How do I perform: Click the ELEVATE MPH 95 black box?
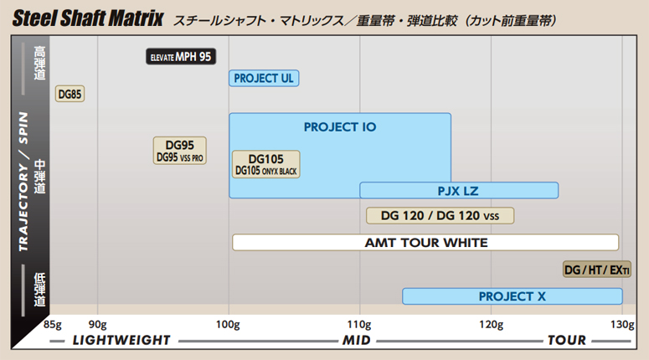(x=181, y=57)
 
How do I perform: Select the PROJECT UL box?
(x=264, y=78)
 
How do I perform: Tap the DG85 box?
(x=70, y=94)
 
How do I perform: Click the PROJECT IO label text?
(x=340, y=127)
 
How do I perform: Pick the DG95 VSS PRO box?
(x=180, y=151)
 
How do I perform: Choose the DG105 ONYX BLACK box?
(x=266, y=164)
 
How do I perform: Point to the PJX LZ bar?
(x=459, y=191)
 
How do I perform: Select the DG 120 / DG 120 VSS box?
(x=440, y=216)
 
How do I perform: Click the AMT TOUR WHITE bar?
(x=425, y=243)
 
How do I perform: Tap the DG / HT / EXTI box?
(x=597, y=270)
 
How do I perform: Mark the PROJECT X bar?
(x=513, y=296)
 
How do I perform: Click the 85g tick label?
(x=53, y=325)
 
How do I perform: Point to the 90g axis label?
(x=98, y=325)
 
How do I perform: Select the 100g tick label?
(x=228, y=325)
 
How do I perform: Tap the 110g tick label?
(x=359, y=325)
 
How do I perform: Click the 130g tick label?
(x=622, y=325)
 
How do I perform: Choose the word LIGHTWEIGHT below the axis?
(x=121, y=340)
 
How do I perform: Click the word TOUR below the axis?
(x=567, y=340)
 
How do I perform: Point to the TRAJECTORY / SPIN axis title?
(x=23, y=181)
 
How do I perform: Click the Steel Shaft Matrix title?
(x=88, y=18)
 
